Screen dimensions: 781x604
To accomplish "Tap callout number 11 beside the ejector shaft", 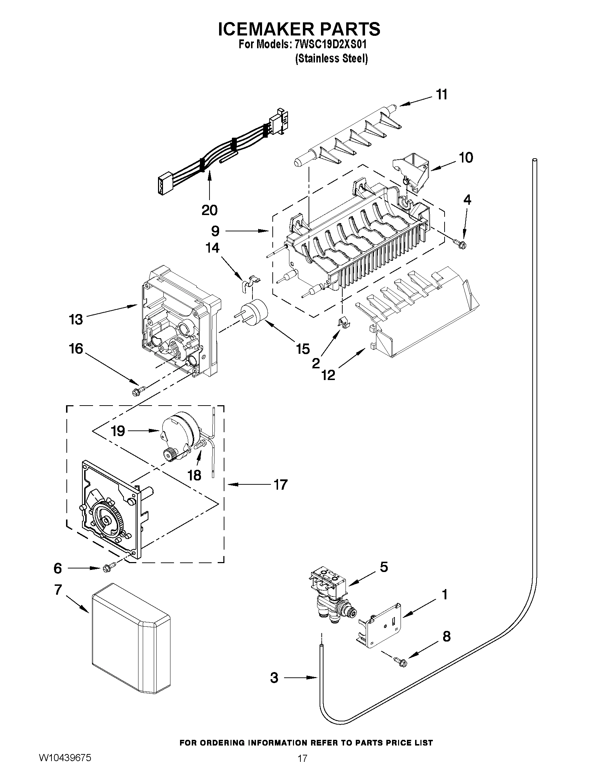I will (x=442, y=95).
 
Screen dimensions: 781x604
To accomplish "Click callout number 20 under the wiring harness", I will (x=210, y=210).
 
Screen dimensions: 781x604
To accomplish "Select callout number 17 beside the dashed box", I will (x=280, y=485).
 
